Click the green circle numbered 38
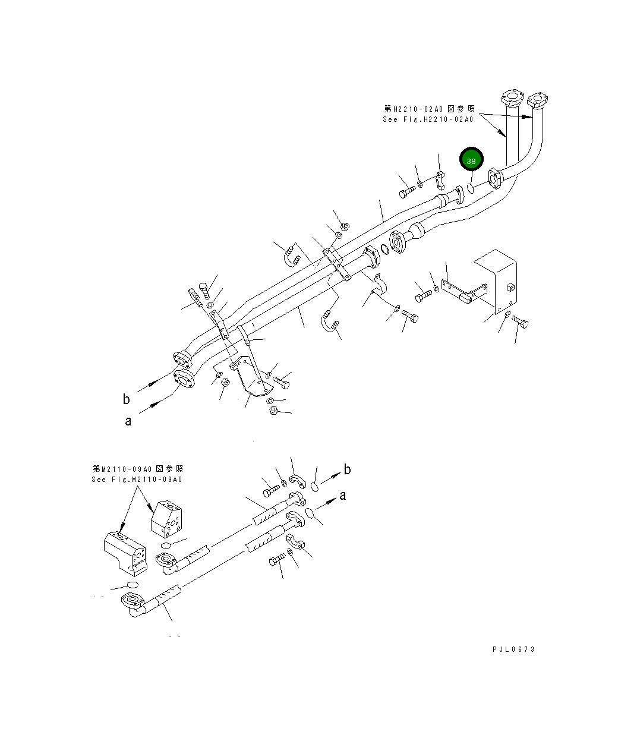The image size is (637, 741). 471,160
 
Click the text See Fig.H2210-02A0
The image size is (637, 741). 428,119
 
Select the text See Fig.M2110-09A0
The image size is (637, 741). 137,480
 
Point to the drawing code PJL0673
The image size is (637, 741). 513,649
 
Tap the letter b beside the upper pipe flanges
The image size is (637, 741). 126,399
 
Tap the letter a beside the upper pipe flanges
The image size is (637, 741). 128,421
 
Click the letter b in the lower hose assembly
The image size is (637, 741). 348,469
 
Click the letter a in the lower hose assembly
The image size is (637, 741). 343,496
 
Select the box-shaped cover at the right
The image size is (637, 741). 496,279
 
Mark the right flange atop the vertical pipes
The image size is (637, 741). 538,100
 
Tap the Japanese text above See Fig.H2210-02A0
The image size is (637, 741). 429,109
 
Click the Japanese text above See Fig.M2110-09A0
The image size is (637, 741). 137,469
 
